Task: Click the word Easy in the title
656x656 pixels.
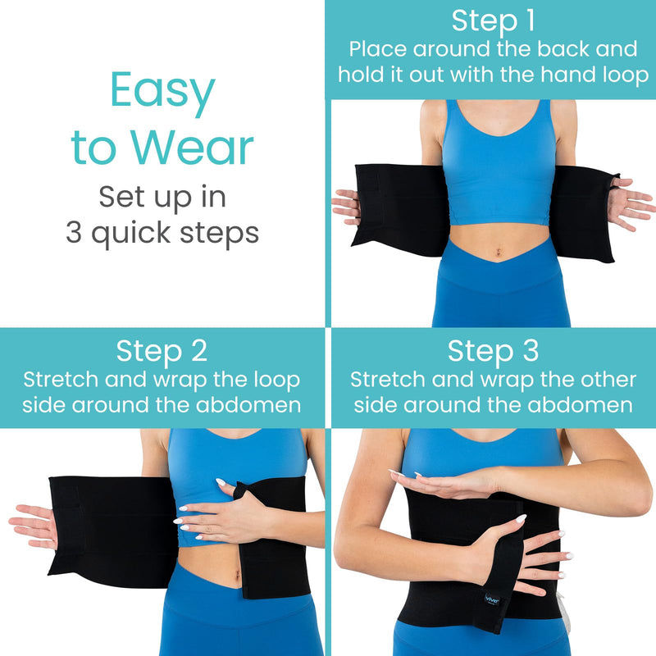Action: pos(162,93)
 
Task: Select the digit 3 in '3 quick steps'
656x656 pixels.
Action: pos(75,233)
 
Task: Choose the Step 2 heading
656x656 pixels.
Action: pos(162,351)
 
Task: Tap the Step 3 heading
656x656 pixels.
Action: pos(493,351)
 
